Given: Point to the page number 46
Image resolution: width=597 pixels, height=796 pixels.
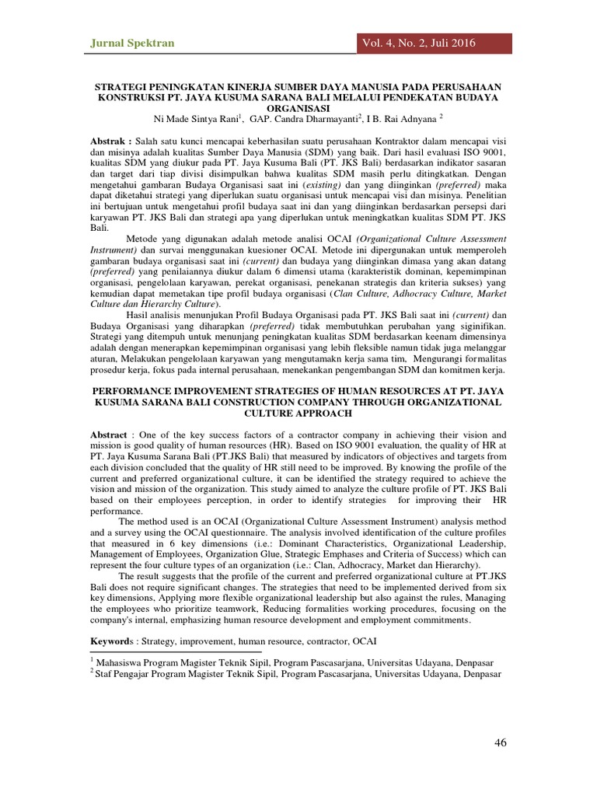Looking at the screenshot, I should (x=501, y=742).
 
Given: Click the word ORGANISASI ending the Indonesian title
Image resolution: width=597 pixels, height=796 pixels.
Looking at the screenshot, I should (x=298, y=108).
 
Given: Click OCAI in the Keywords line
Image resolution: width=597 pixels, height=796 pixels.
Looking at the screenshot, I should (x=364, y=641).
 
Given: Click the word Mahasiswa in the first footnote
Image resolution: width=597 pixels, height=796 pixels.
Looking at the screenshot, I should (x=121, y=661).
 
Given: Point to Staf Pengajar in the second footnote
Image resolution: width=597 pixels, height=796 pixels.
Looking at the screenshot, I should (x=129, y=673).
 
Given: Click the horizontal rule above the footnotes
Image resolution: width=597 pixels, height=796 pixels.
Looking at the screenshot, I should (x=176, y=652).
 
